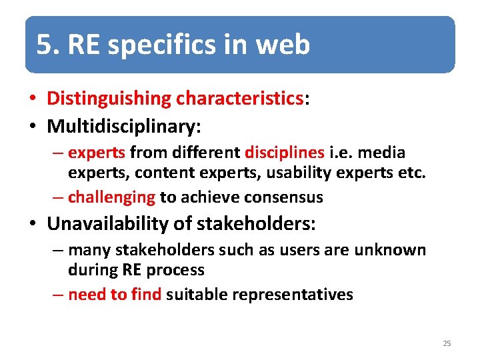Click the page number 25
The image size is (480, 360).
coord(447,343)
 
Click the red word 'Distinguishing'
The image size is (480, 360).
coord(109,99)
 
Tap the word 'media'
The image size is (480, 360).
coord(383,153)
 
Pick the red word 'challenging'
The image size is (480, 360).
coord(111,197)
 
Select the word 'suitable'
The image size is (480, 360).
coord(197,294)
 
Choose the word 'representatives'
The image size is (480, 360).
coord(293,294)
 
